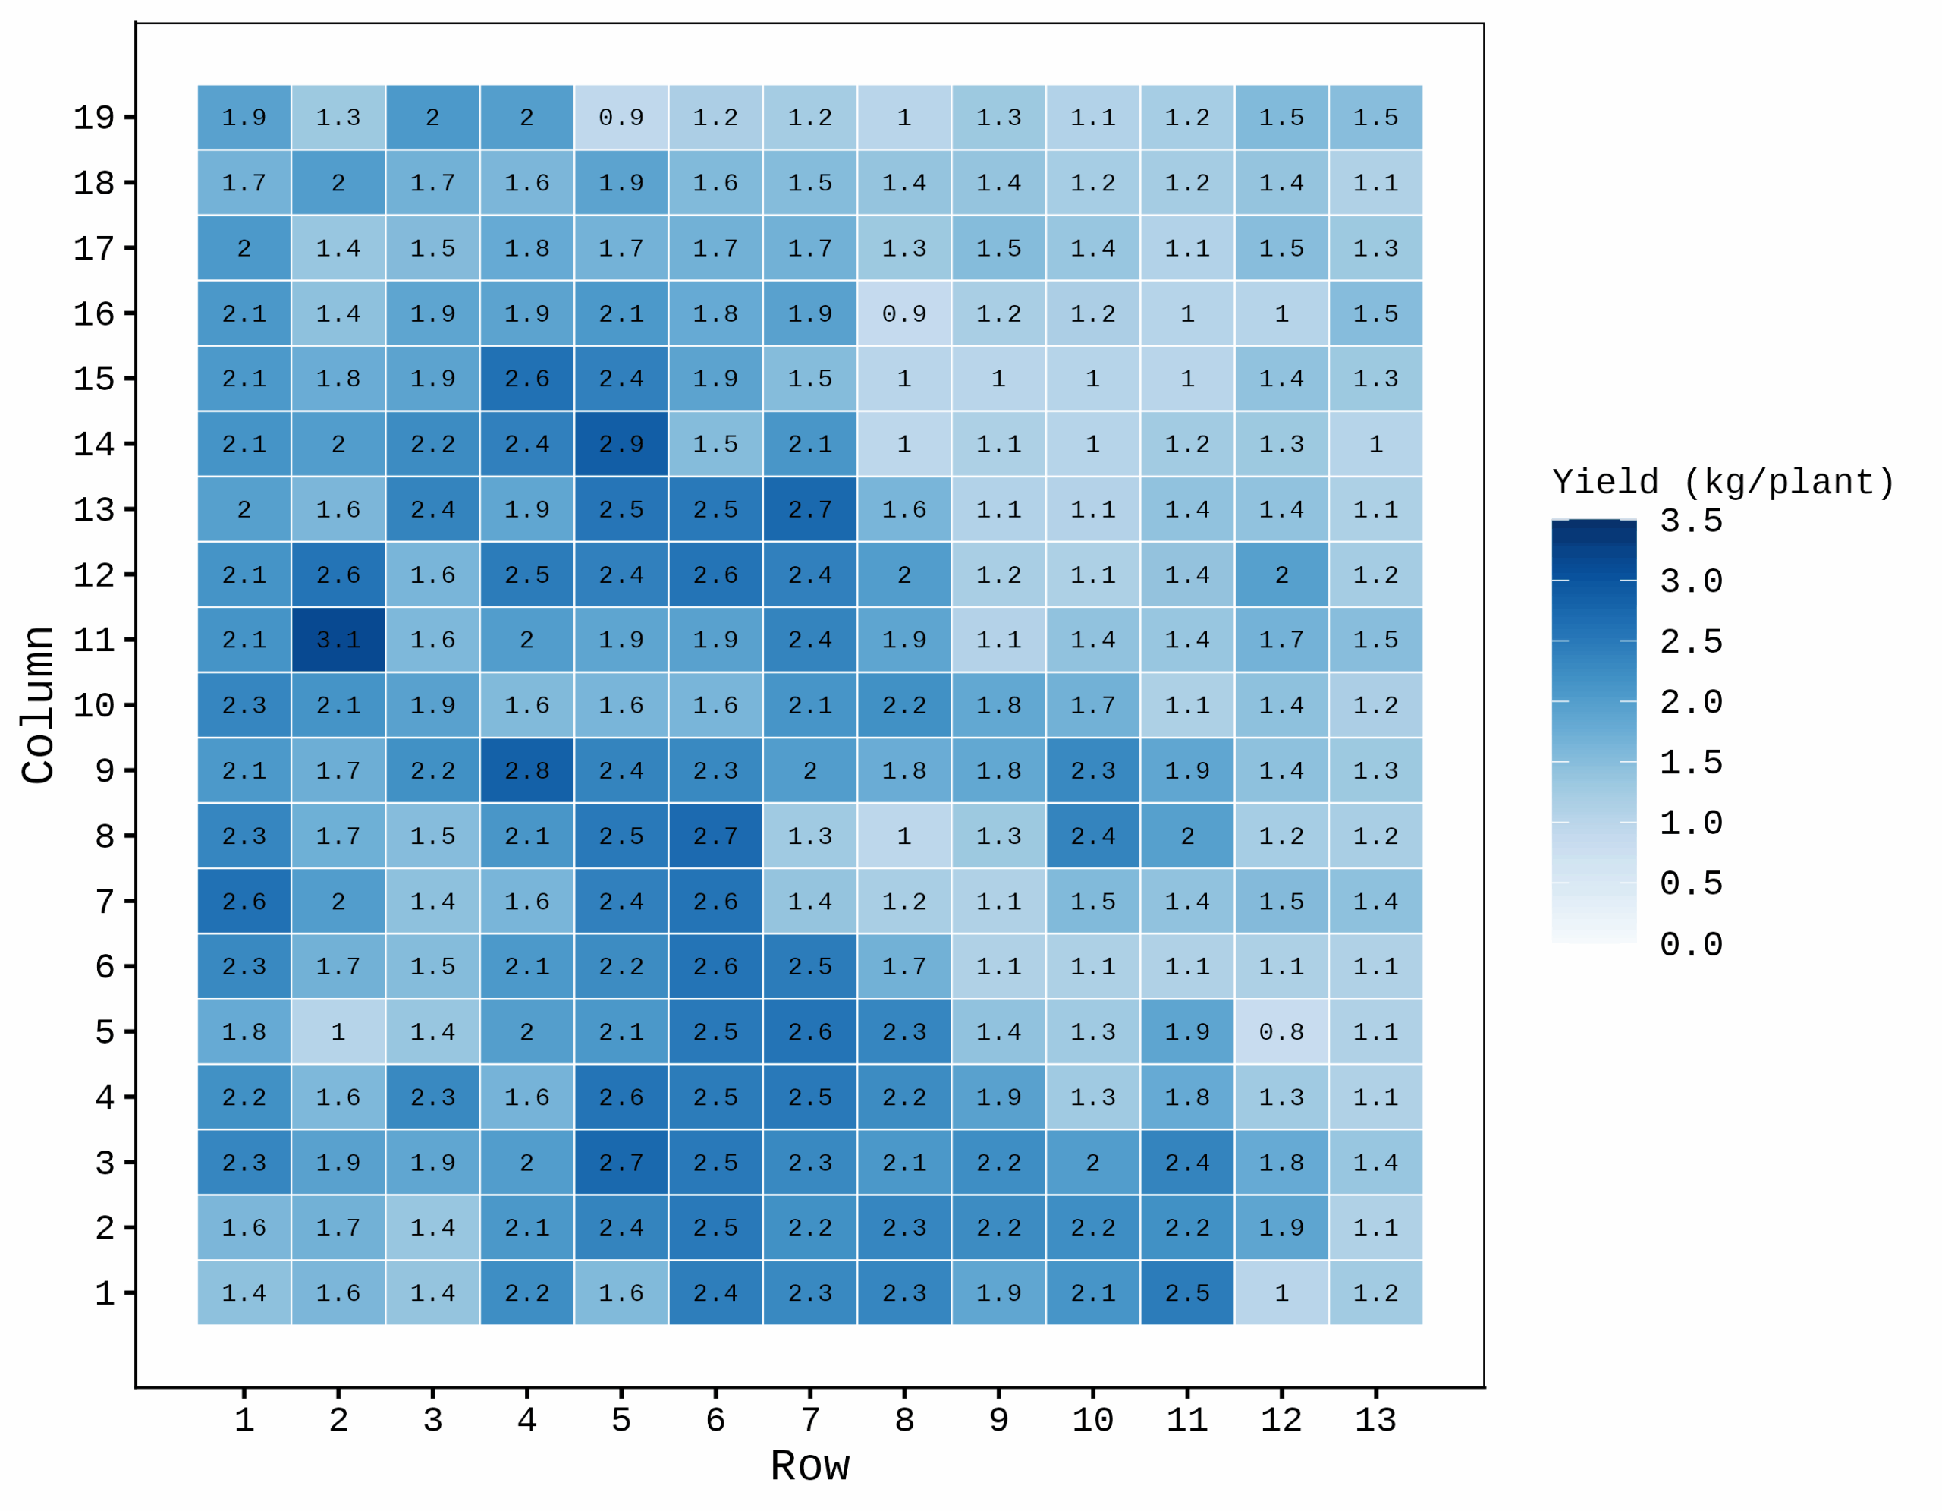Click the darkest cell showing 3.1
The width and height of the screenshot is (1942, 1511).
coord(338,640)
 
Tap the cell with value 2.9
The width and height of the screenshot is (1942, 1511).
coord(621,444)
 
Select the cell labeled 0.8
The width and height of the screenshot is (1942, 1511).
coord(1281,1031)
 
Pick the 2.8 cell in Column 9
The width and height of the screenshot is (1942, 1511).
coord(526,770)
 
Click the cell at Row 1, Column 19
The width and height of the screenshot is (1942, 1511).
coord(244,118)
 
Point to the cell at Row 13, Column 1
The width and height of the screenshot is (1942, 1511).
coord(1375,1293)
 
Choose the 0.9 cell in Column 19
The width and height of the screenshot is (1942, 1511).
coord(621,118)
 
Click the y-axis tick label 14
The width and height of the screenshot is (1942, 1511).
coord(93,444)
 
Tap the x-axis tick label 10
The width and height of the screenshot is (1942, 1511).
coord(1093,1420)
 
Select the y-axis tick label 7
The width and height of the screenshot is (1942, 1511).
coord(104,902)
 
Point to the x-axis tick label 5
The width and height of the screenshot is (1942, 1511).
coord(621,1420)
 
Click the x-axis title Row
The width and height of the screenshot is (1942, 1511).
coord(809,1466)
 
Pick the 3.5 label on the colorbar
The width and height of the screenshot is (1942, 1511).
coord(1691,521)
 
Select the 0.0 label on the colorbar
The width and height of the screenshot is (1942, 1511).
coord(1691,945)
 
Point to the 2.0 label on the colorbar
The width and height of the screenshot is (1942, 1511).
coord(1691,703)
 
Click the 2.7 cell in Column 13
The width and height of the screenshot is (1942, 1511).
coord(809,509)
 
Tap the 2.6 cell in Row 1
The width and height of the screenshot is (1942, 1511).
coord(244,902)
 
